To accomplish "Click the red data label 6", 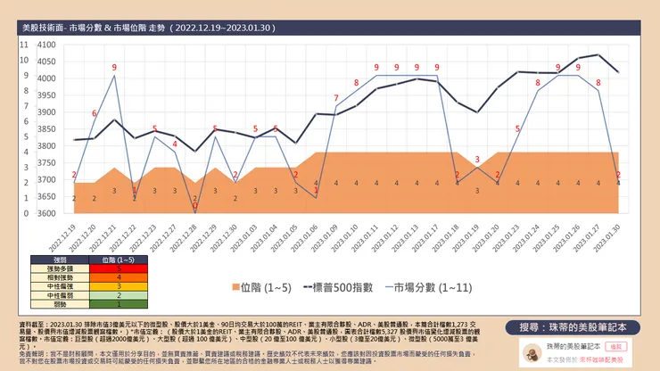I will (95, 113).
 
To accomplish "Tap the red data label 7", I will (336, 98).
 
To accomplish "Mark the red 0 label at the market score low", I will (195, 206).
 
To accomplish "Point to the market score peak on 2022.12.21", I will (114, 76).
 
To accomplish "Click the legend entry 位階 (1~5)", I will (268, 288).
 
